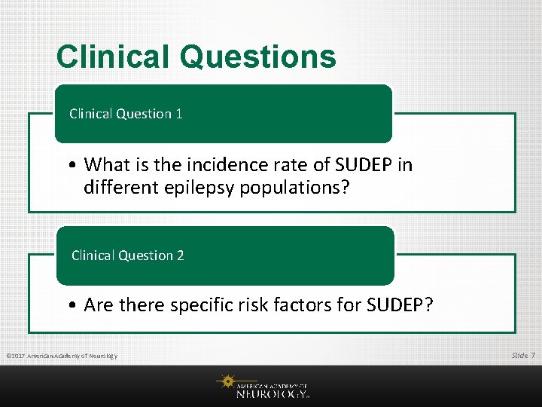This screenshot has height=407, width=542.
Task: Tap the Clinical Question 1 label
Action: (126, 114)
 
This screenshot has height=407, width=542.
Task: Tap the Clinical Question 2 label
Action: (127, 256)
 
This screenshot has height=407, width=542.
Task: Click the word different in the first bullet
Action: (120, 186)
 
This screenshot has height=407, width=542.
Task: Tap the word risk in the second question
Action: (256, 304)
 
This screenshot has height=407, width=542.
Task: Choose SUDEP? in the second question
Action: (400, 304)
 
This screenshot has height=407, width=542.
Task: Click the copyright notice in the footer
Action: (61, 356)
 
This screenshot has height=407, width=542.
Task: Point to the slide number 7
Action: (533, 355)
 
